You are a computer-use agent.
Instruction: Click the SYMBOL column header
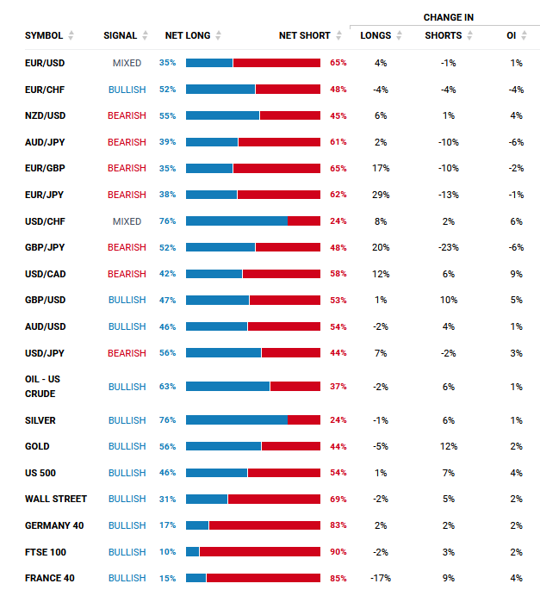click(x=43, y=35)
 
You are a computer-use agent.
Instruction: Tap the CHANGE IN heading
click(x=448, y=17)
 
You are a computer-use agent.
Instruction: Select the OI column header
click(x=512, y=35)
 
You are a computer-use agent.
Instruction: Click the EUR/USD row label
click(x=45, y=63)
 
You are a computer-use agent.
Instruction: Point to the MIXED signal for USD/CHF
click(x=127, y=221)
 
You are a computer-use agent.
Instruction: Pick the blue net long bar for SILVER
click(x=236, y=419)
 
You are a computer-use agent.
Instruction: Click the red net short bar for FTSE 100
click(x=259, y=552)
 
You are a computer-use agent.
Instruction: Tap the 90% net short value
click(x=338, y=552)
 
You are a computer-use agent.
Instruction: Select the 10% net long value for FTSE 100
click(x=167, y=552)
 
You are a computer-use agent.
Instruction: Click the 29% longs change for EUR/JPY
click(x=381, y=195)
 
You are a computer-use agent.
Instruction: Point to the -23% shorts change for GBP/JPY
click(x=448, y=247)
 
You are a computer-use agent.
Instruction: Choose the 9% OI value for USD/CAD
click(x=516, y=274)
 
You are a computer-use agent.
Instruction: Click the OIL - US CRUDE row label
click(x=43, y=387)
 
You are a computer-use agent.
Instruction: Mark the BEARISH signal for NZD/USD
click(x=127, y=115)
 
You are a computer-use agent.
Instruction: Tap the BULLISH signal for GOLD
click(x=127, y=446)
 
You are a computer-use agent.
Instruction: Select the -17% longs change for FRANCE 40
click(x=381, y=578)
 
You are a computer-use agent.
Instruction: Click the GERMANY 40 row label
click(x=53, y=525)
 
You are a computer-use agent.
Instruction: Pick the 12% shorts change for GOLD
click(x=448, y=446)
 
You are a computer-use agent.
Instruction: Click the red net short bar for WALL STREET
click(x=274, y=499)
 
